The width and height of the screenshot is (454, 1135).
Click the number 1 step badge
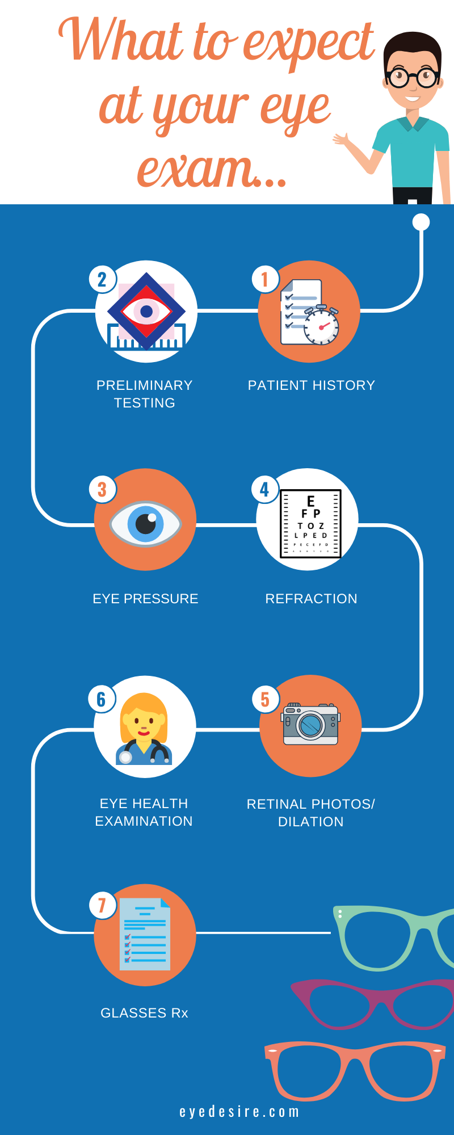[x=265, y=279]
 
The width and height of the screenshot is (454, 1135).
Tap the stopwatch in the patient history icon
[x=321, y=326]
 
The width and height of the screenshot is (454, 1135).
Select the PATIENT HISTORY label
[x=311, y=385]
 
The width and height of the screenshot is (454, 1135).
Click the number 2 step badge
[x=103, y=279]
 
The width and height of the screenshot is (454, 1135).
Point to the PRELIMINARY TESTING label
[x=144, y=394]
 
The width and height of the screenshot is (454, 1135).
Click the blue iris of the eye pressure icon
[x=146, y=523]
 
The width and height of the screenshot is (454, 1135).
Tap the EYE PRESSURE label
[x=145, y=599]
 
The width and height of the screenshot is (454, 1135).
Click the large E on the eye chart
[x=310, y=501]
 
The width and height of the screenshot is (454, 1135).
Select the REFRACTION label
[x=311, y=599]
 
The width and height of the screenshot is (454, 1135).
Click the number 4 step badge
[x=265, y=489]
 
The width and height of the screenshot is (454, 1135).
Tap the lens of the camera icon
[x=310, y=725]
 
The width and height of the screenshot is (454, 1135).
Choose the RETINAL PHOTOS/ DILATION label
[x=310, y=813]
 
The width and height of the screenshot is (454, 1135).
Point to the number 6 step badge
[x=102, y=699]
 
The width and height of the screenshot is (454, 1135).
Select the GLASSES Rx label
[x=144, y=1013]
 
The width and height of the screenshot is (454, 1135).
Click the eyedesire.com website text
[x=239, y=1112]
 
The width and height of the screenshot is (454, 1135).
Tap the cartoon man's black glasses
[x=413, y=77]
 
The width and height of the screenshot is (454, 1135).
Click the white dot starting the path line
[x=421, y=222]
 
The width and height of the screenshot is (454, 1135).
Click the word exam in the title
[x=195, y=169]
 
